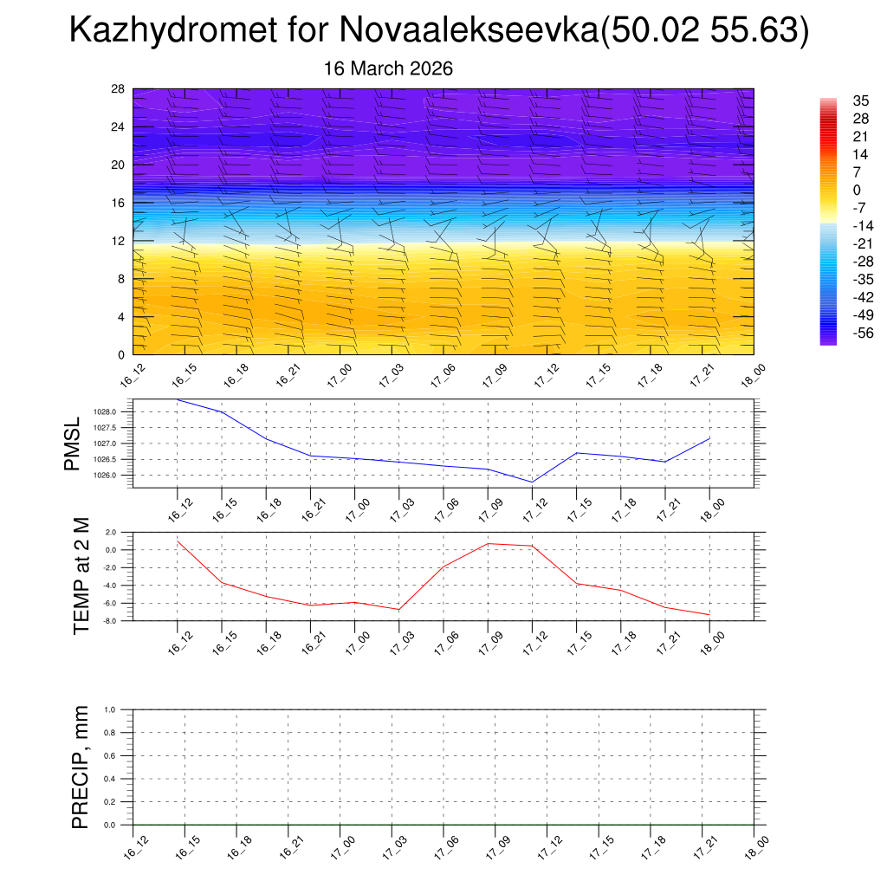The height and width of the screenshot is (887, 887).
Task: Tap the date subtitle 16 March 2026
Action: (x=388, y=68)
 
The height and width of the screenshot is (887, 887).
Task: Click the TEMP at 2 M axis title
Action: (x=81, y=576)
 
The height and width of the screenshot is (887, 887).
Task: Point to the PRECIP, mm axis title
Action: (x=81, y=767)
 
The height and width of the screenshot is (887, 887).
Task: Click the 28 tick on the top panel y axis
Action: (x=118, y=89)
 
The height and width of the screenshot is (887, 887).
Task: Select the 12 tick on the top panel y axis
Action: (x=118, y=241)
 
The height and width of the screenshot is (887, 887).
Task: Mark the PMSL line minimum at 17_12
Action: (x=532, y=482)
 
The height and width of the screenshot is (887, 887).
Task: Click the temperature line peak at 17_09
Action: (x=488, y=543)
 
